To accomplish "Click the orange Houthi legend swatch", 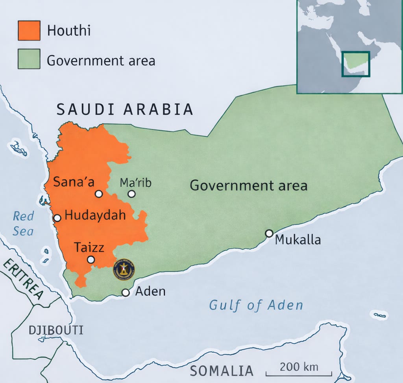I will pos(29,30).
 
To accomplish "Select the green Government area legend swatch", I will pos(29,59).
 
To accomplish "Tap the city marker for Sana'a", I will pos(99,193).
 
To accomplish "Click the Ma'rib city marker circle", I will pos(131,193).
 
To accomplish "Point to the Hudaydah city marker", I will pos(57,217).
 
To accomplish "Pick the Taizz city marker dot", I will pos(91,260).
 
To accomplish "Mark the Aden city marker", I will pos(126,293).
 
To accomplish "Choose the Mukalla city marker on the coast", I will pos(269,233).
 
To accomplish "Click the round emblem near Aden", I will pos(124,269).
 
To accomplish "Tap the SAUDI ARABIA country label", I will pos(125,109).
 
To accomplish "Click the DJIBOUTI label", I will pos(56,330).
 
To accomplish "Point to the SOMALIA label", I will pos(222,370).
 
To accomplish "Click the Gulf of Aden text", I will pos(256,305).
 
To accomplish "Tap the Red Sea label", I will pos(23,223).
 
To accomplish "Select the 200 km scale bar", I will pos(299,372).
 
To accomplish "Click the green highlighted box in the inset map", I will pos(355,64).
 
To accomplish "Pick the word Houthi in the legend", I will pos(69,31).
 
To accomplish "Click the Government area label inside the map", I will pos(248,185).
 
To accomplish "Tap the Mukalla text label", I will pos(298,239).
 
